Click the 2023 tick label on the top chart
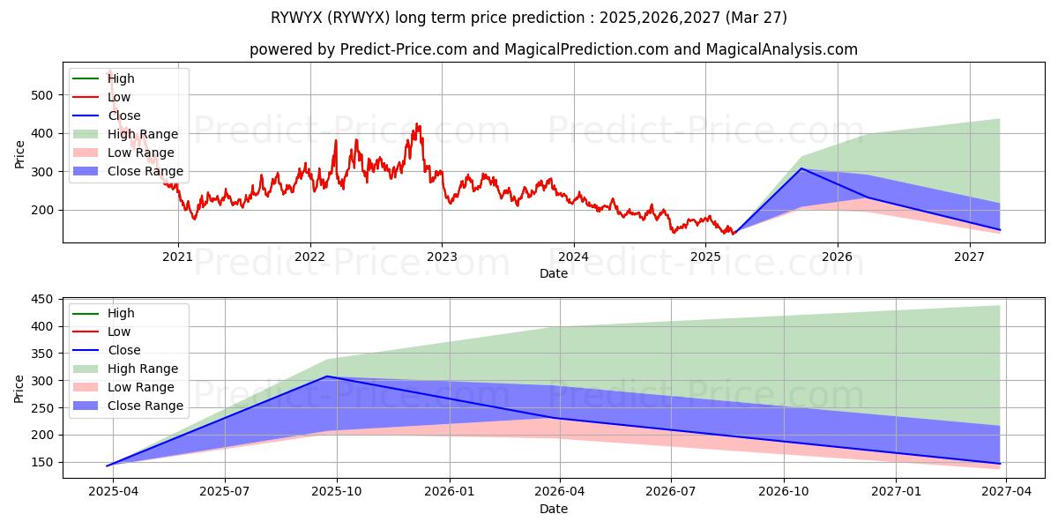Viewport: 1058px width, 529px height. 442,257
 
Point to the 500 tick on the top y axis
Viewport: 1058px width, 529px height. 41,94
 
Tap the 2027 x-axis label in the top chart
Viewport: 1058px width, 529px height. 969,257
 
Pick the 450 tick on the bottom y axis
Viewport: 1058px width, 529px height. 41,299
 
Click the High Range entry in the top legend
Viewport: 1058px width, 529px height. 142,134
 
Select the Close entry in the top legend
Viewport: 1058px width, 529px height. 123,115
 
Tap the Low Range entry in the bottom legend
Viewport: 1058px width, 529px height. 140,387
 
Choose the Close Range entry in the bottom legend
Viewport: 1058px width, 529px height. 145,406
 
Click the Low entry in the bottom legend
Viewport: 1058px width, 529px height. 119,332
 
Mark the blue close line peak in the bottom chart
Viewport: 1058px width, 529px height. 326,376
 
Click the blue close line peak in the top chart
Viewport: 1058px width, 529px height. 801,168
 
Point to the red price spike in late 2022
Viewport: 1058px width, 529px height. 417,125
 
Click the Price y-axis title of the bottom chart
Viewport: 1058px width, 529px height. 19,388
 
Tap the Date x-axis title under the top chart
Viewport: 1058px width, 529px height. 553,274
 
